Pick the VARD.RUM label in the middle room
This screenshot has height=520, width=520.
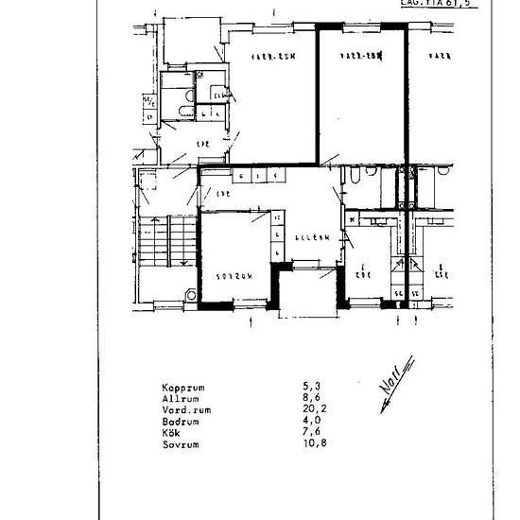pos(359,57)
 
